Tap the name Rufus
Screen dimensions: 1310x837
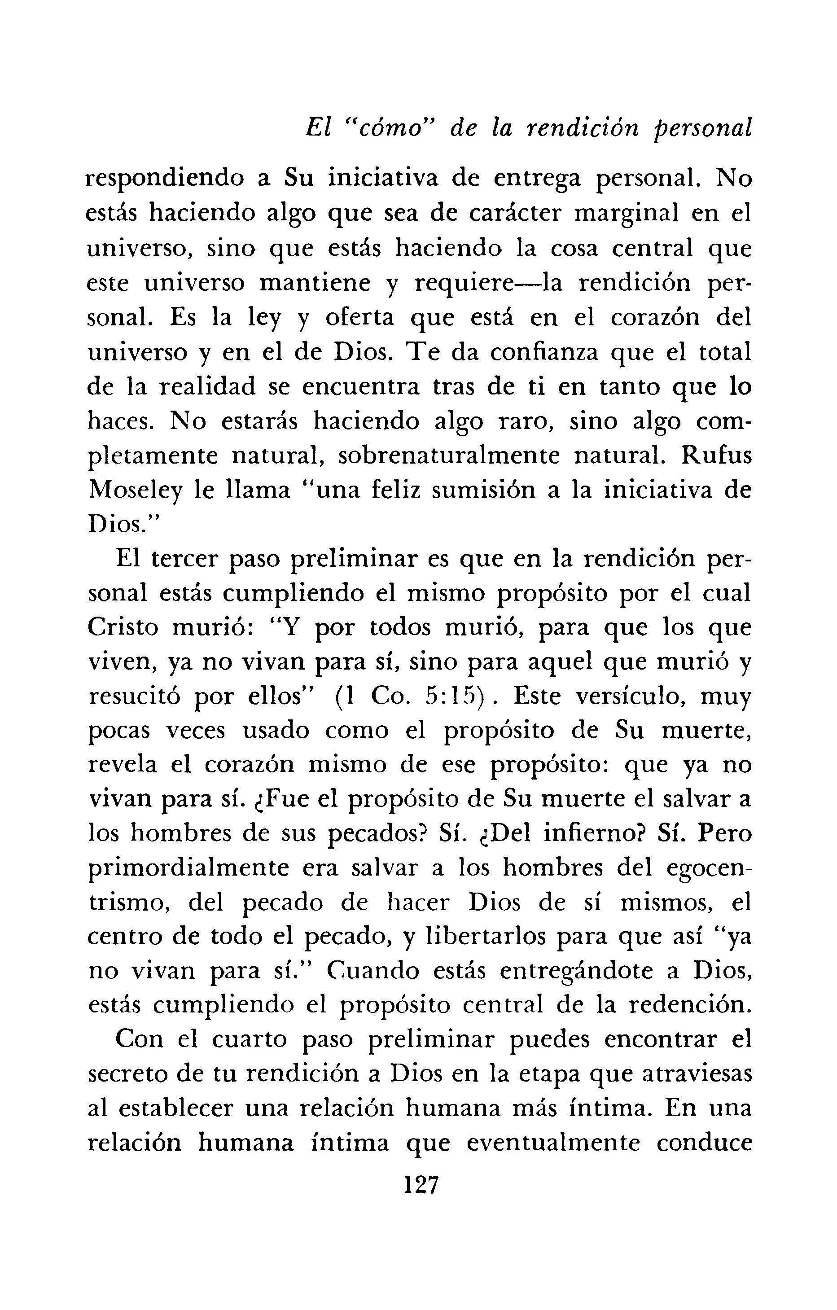coord(716,456)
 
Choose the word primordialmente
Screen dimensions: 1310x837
coord(188,869)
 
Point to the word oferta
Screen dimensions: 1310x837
coord(359,318)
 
